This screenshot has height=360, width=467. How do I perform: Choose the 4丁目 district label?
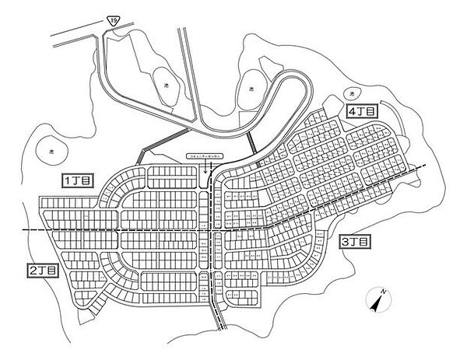(363, 112)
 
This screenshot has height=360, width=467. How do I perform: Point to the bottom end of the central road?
(217, 327)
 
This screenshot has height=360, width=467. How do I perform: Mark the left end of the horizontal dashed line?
(23, 232)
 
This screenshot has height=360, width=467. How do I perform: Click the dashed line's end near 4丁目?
(425, 166)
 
